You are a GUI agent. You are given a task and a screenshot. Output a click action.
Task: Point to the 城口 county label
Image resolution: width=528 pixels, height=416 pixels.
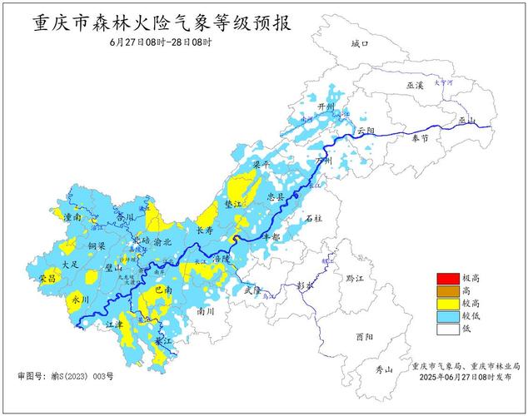[359, 43]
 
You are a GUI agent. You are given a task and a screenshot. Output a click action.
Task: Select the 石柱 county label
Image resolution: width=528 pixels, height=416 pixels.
[314, 217]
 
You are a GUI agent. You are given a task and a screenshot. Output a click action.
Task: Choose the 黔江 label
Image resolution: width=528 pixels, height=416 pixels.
[356, 277]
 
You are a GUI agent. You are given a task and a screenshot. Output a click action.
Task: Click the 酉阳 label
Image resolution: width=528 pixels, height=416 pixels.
[363, 337]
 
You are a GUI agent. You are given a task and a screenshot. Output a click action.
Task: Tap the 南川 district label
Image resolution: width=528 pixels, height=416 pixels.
[206, 310]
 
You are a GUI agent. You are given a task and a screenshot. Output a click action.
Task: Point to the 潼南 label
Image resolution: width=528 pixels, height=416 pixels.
[72, 217]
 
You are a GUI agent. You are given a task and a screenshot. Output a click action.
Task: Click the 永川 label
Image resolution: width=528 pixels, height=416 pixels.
[80, 299]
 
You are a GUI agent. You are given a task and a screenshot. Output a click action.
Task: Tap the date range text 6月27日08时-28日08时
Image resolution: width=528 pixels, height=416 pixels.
[160, 42]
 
